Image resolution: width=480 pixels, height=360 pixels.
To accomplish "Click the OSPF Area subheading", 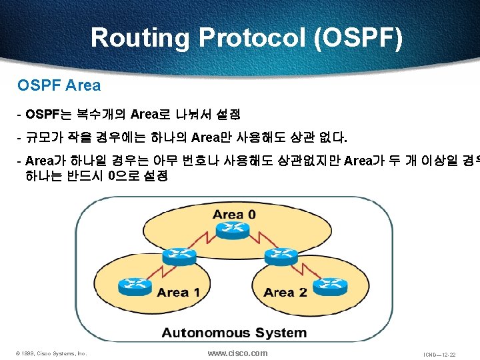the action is click(59, 85).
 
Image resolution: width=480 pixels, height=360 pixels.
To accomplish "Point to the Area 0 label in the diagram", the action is click(234, 214).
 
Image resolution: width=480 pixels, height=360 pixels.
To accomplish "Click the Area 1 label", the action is click(178, 292).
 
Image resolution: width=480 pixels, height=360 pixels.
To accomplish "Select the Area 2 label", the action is click(285, 292).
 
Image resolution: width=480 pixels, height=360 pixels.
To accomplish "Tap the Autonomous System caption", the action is click(234, 333).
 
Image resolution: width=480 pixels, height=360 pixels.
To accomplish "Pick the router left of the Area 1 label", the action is click(131, 287).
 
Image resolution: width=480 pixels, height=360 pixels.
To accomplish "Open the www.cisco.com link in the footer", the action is click(238, 353).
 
